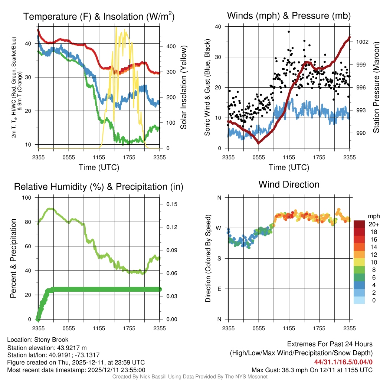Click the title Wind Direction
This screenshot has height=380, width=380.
pyautogui.click(x=289, y=184)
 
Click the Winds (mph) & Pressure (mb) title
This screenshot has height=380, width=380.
pyautogui.click(x=289, y=16)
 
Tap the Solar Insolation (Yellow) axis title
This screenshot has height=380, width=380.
pyautogui.click(x=183, y=88)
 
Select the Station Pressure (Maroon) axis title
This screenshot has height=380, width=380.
pyautogui.click(x=376, y=88)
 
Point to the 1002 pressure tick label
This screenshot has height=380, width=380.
pyautogui.click(x=361, y=42)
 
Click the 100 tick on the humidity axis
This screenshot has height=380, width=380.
pyautogui.click(x=27, y=198)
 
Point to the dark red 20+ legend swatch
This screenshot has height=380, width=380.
pyautogui.click(x=359, y=224)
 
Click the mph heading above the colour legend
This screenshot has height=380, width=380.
pyautogui.click(x=373, y=216)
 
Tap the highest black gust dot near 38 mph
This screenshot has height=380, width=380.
pyautogui.click(x=288, y=32)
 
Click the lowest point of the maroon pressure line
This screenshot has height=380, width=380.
pyautogui.click(x=259, y=143)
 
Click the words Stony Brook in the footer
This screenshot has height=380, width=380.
pyautogui.click(x=51, y=340)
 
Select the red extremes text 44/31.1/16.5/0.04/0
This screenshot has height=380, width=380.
pyautogui.click(x=343, y=362)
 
